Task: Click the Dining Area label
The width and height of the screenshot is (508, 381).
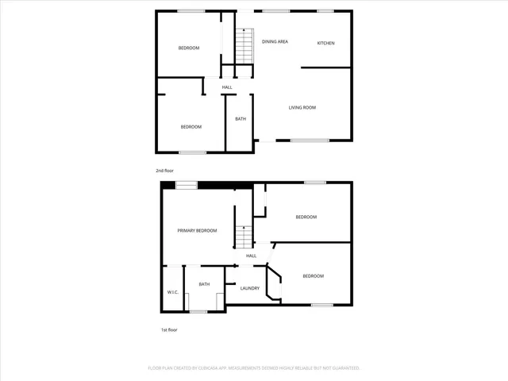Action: point(275,41)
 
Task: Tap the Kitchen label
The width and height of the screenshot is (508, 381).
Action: point(325,42)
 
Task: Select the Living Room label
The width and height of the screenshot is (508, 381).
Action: point(302,107)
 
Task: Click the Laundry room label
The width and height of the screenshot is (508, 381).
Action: point(250,288)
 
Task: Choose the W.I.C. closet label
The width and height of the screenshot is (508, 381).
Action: point(172,292)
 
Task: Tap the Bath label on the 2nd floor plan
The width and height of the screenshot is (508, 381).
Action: point(241,119)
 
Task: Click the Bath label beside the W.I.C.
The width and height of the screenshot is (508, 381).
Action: point(204,284)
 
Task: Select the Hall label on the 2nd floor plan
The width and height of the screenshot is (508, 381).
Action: point(227,87)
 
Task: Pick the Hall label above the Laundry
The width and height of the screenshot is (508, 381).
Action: point(251,256)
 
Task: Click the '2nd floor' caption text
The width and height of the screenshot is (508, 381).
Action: point(164,171)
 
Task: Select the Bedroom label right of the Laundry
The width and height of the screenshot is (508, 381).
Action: point(313,275)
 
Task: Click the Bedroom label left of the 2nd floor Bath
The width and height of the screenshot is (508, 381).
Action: point(190,127)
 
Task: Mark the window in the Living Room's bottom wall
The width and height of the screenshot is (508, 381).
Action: point(310,140)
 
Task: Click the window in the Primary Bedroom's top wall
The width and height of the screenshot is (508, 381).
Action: point(187,185)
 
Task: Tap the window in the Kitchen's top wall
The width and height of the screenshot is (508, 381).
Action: point(325,10)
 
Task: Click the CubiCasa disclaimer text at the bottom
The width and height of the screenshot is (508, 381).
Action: point(254,368)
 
